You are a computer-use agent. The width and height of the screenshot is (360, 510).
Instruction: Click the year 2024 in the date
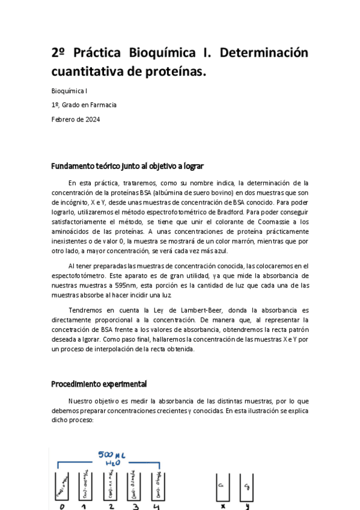click(92, 119)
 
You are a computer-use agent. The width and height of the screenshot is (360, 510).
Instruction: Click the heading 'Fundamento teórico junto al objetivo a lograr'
click(130, 165)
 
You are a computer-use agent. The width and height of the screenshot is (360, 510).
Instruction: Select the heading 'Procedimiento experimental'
click(99, 384)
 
